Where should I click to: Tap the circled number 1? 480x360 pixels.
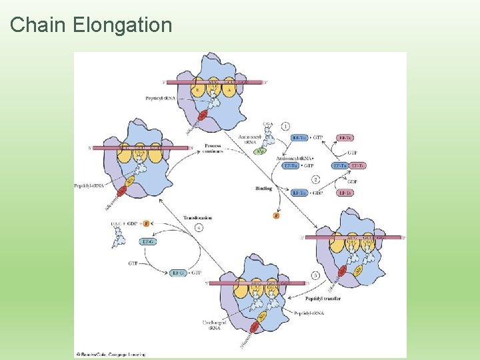285,125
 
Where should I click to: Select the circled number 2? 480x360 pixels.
315,179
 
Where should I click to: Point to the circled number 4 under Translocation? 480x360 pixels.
198,227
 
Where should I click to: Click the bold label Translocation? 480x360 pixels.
197,218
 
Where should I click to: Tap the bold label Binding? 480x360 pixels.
263,189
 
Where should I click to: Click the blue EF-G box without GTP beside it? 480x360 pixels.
149,241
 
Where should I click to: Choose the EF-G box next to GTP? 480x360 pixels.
177,273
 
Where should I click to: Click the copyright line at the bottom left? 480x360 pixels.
111,354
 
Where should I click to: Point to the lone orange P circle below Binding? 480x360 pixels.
277,215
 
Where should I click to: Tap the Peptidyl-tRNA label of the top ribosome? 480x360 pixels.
161,98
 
